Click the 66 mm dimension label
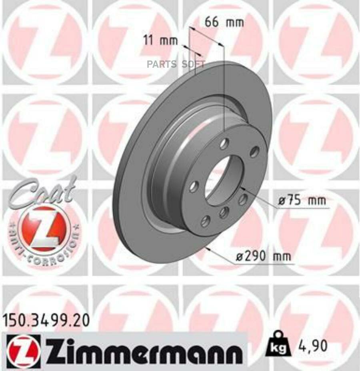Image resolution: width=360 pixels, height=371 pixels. click(224, 22)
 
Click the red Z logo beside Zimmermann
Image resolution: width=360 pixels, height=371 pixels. click(24, 351)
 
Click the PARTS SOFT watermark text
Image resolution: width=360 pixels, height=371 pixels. click(176, 64)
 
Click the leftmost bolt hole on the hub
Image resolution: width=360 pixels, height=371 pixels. click(194, 186)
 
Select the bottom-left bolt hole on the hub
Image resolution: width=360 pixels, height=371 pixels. click(205, 221)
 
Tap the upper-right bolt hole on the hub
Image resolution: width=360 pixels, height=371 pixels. click(254, 152)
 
